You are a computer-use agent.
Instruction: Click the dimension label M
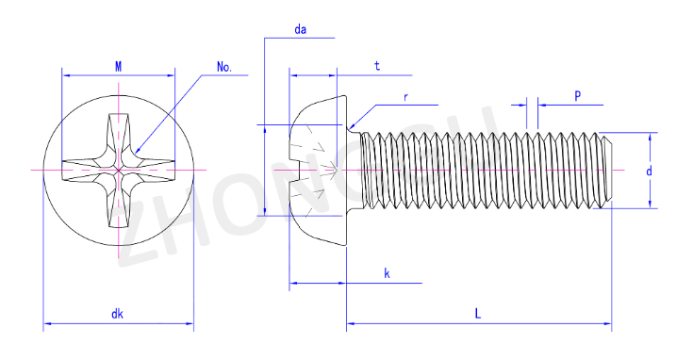(x=119, y=67)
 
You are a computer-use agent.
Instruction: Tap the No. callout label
(x=224, y=67)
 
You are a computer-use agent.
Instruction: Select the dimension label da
(x=301, y=29)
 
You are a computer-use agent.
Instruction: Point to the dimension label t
(x=377, y=66)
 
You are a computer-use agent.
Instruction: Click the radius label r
(x=405, y=97)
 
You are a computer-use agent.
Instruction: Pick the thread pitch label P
(x=577, y=96)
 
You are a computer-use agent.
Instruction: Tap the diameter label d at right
(x=649, y=171)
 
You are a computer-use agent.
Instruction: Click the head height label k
(x=387, y=273)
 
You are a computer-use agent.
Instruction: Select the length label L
(x=478, y=314)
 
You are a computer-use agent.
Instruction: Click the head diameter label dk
(x=117, y=314)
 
